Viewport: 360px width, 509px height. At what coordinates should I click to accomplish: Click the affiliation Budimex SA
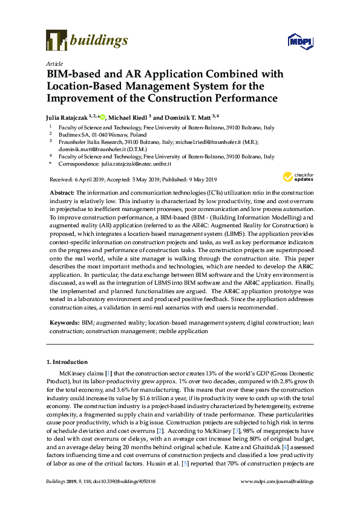click(74, 135)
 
